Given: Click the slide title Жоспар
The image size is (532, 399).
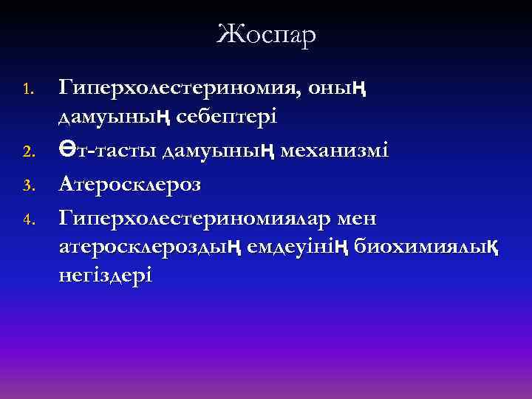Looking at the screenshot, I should (266, 34).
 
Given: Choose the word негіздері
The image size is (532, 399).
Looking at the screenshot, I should (106, 274).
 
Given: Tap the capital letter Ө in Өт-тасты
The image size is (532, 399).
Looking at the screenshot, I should (69, 151).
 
